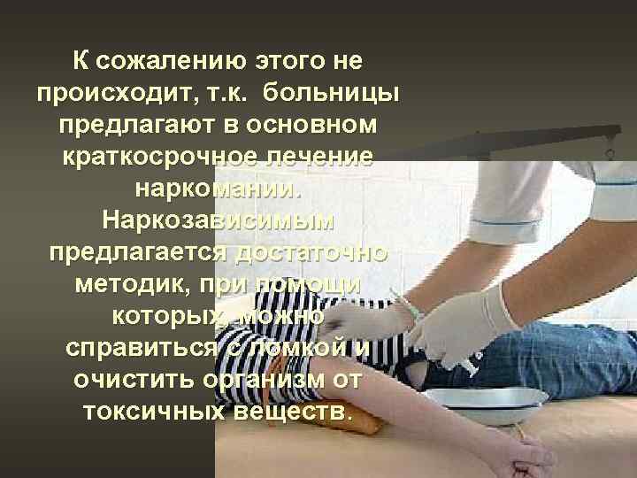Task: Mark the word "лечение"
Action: [318, 157]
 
